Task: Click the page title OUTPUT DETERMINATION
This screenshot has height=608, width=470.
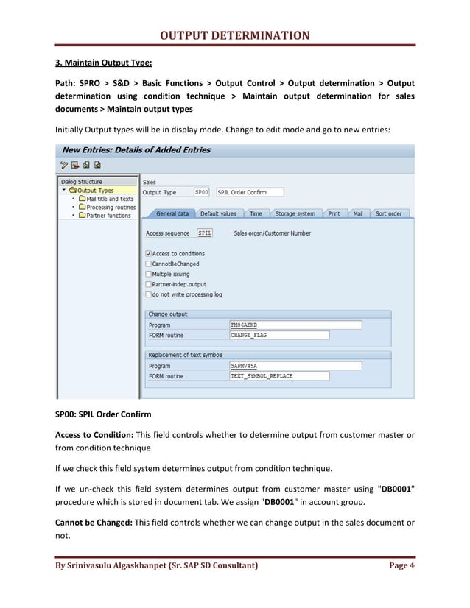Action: (x=235, y=35)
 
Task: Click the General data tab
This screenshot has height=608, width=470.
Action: (x=172, y=213)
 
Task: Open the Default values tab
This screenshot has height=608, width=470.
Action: (x=218, y=213)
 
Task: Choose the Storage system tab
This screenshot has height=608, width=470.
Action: (x=295, y=213)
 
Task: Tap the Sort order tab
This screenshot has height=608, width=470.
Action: (x=388, y=213)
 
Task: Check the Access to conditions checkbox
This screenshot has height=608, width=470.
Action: (x=149, y=254)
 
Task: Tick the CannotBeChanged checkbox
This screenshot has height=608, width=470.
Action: (x=149, y=264)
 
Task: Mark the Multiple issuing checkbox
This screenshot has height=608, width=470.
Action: (x=149, y=274)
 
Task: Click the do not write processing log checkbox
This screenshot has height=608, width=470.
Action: (x=149, y=294)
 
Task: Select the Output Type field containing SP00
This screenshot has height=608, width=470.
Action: (x=201, y=192)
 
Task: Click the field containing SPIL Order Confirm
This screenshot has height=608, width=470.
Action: (x=250, y=192)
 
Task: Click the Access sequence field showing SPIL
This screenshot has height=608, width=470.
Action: (x=205, y=233)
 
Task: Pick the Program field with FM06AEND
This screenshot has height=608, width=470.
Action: (x=295, y=325)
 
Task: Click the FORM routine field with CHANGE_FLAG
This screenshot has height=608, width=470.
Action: (x=295, y=335)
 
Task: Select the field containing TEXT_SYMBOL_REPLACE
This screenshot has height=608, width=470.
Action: (x=295, y=376)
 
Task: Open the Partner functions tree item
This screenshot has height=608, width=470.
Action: (x=108, y=216)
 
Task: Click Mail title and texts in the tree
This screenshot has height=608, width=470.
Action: (x=110, y=199)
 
